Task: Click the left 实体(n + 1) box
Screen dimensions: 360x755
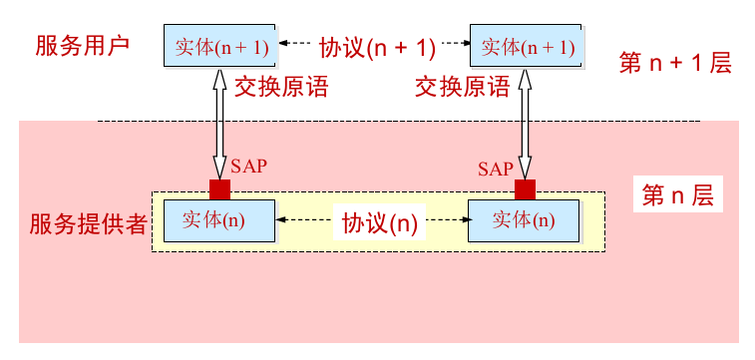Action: [220, 46]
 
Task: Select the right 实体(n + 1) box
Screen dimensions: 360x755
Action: [527, 46]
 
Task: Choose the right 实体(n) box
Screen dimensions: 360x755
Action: [525, 220]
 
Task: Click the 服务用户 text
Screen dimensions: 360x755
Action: [82, 46]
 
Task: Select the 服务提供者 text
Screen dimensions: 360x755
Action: [88, 222]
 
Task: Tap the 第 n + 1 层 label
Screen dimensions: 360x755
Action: [675, 64]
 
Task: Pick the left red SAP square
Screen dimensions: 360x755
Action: [219, 189]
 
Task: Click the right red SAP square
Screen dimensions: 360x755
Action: [525, 189]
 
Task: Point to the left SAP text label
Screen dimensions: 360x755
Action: [249, 166]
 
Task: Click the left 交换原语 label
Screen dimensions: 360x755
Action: [281, 88]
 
